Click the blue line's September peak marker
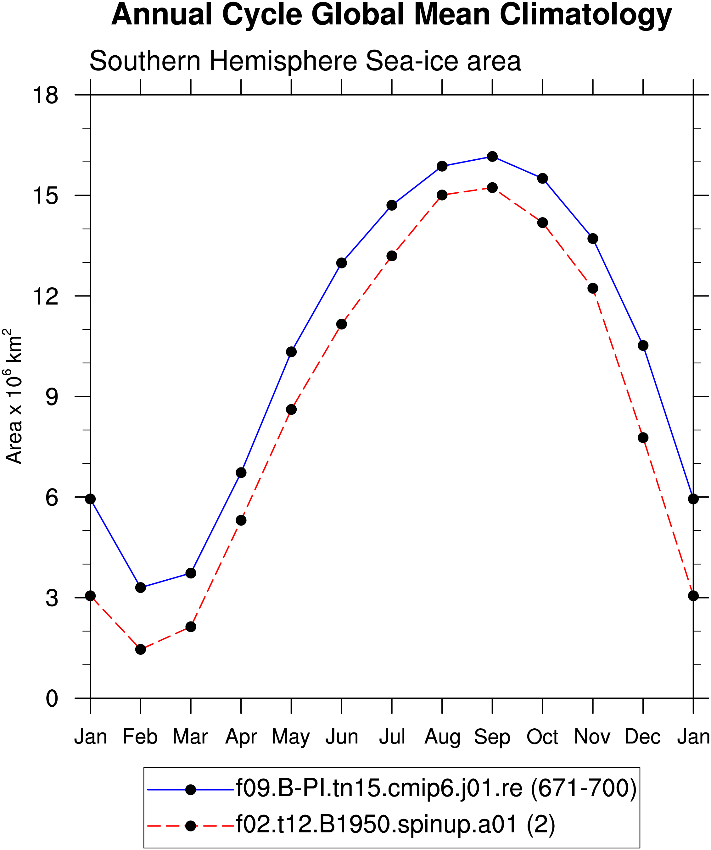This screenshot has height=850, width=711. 492,157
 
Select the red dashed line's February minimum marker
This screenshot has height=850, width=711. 141,649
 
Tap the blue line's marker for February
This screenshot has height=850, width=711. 141,587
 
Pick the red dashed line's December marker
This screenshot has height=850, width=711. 643,438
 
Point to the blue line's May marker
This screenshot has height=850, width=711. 291,352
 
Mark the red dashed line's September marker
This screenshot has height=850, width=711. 492,188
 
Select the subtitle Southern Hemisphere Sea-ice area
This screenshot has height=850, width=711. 305,61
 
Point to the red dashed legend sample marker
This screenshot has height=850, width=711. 190,826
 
